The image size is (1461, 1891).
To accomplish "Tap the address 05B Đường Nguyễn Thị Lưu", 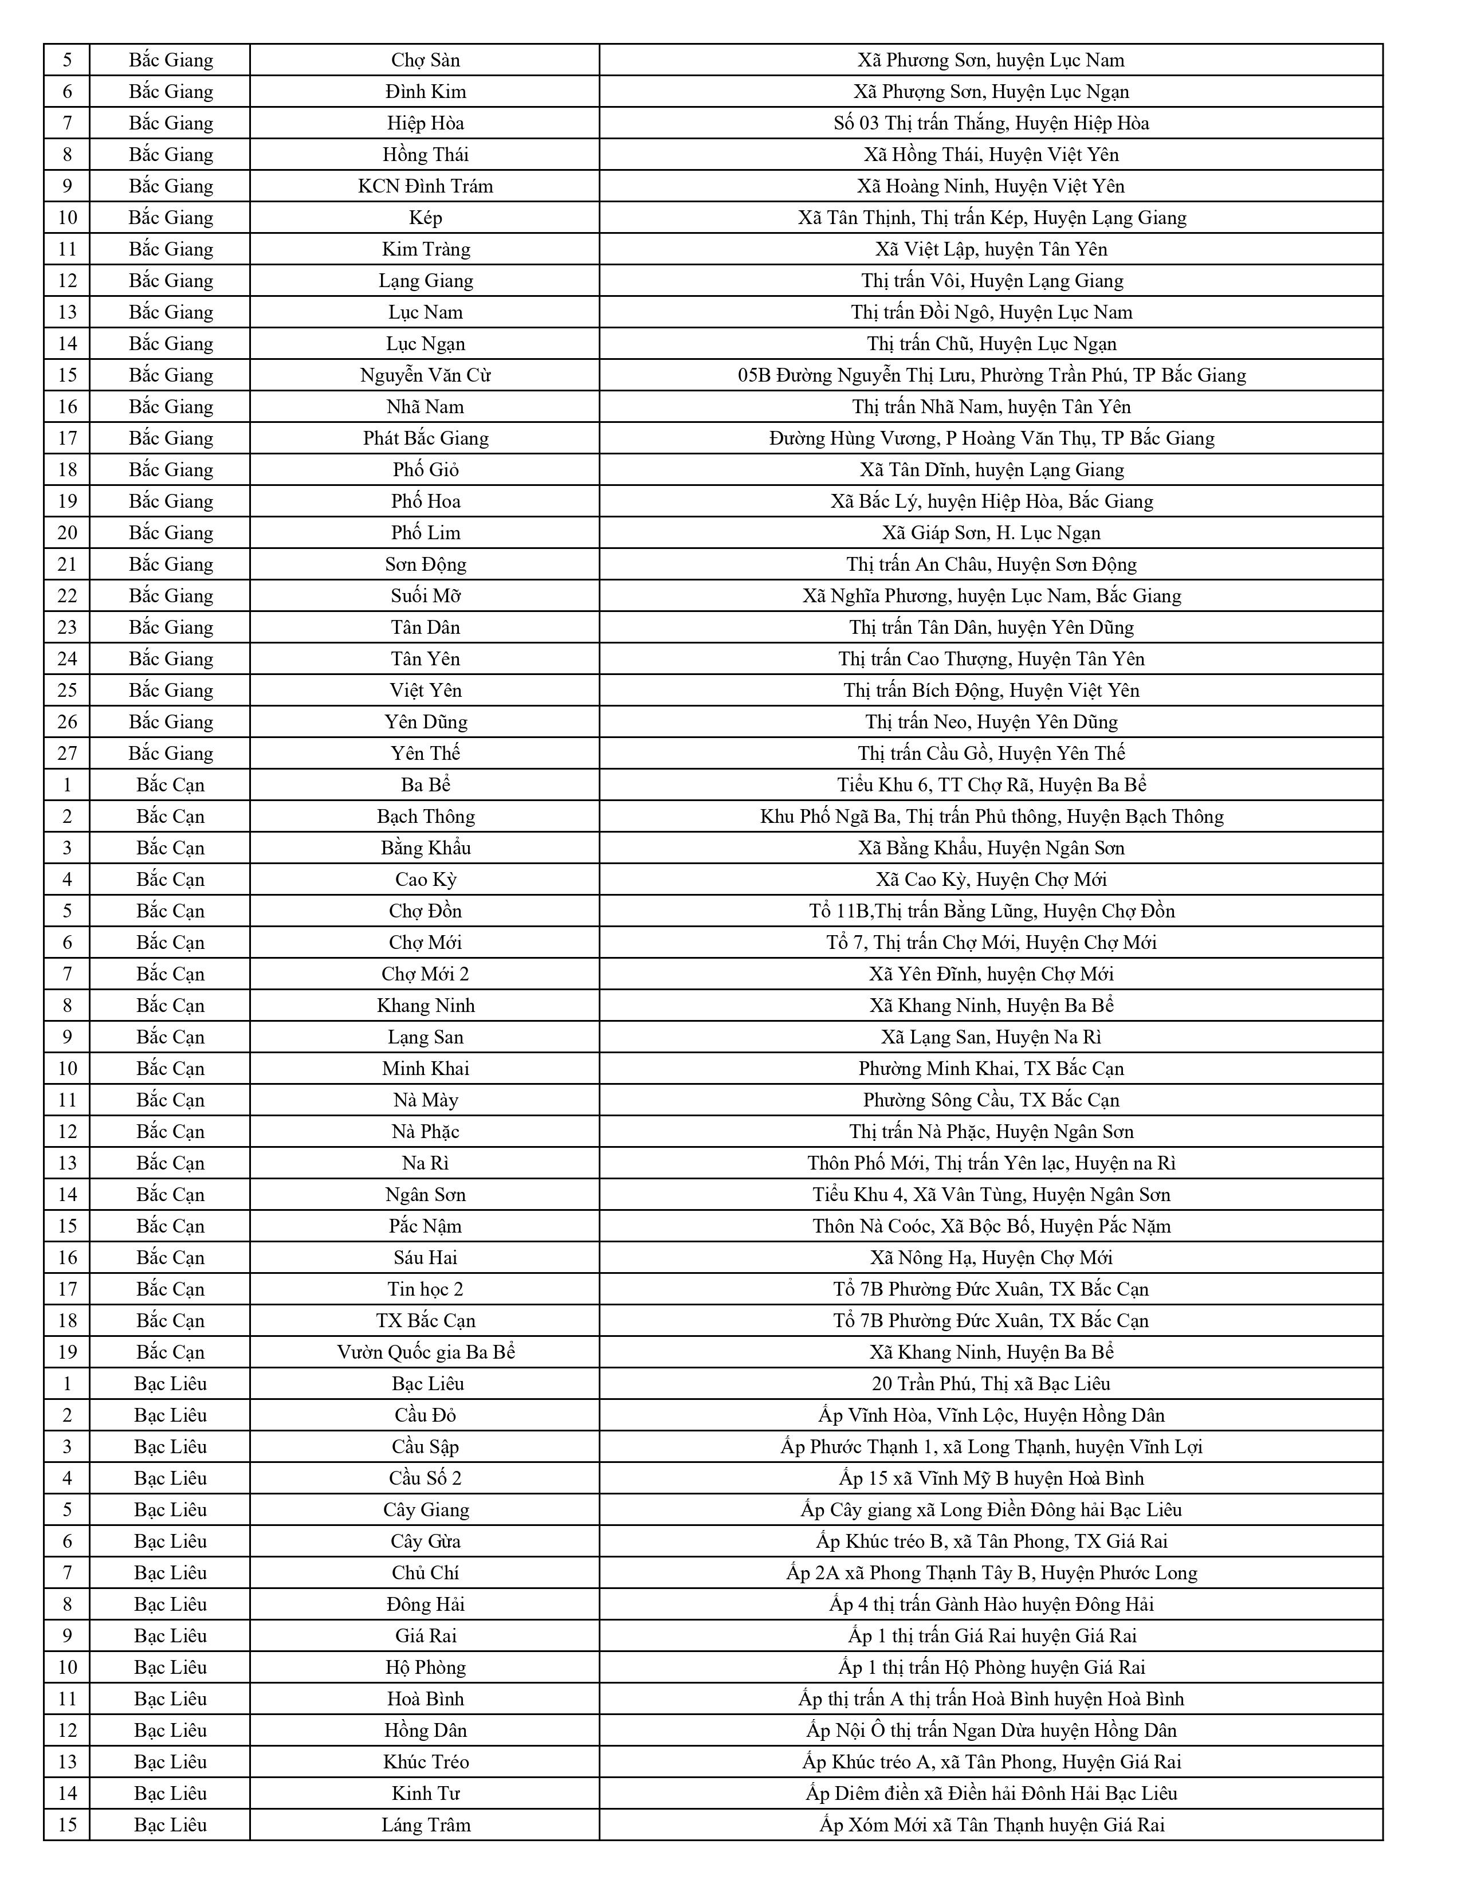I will (x=991, y=375).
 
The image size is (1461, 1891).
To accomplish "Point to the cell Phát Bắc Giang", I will (x=425, y=438).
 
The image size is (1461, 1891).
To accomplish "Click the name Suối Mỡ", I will (x=425, y=596).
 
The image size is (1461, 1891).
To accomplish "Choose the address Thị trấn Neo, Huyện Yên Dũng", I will (x=991, y=722).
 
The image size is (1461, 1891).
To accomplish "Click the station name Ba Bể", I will (x=425, y=784).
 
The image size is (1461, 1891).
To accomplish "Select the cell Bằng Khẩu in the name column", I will (x=425, y=848).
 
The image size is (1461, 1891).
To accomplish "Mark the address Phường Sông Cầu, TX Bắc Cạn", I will (x=991, y=1100).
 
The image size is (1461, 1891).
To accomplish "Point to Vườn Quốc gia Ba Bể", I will (x=425, y=1352).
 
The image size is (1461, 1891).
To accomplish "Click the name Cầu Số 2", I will (x=425, y=1478).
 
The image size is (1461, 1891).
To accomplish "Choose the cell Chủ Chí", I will (x=425, y=1572).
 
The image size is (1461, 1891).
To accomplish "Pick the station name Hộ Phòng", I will (x=425, y=1667).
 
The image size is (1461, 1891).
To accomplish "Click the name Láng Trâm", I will (x=425, y=1825).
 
